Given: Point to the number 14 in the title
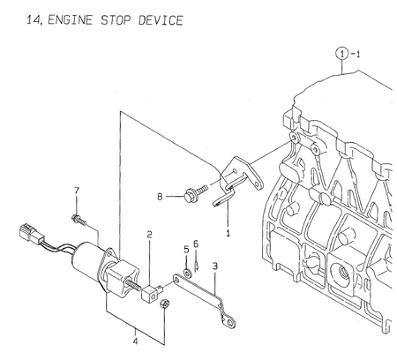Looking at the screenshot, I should [x=11, y=19].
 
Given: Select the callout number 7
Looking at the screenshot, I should [x=76, y=191].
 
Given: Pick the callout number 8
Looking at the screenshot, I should [x=160, y=198].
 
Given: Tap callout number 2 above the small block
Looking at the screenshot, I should [x=150, y=235].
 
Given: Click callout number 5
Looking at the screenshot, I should [x=186, y=248].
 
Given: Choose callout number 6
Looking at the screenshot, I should [x=197, y=244].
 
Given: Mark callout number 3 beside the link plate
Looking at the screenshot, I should [x=215, y=265].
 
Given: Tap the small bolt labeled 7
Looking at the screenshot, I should [x=78, y=216].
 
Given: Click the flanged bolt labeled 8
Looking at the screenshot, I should [x=191, y=192].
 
